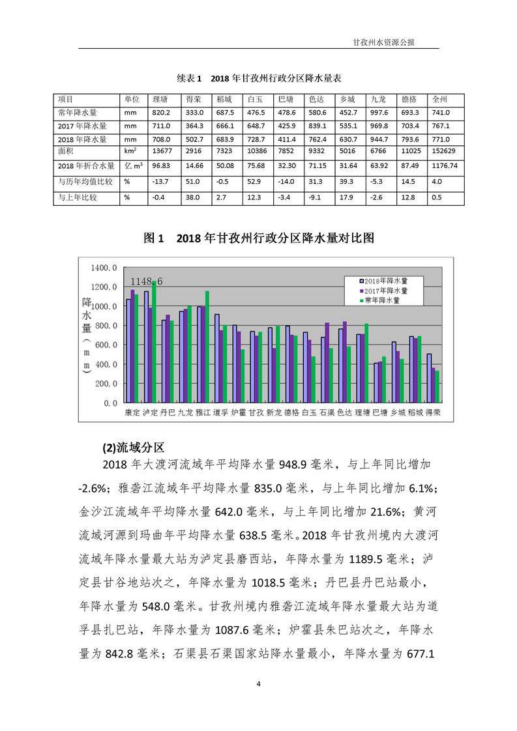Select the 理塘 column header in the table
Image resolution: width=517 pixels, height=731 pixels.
click(160, 100)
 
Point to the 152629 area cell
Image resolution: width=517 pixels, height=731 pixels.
click(445, 152)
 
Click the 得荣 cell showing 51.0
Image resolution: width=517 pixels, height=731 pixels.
click(194, 182)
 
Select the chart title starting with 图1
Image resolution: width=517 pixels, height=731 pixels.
click(259, 238)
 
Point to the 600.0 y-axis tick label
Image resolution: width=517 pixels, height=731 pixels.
click(106, 345)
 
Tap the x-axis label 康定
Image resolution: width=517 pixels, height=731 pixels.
click(132, 412)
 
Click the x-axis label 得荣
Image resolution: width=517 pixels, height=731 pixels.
click(433, 412)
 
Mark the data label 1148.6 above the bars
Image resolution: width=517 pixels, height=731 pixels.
click(147, 281)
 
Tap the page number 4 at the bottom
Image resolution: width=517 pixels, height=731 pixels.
click(259, 683)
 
